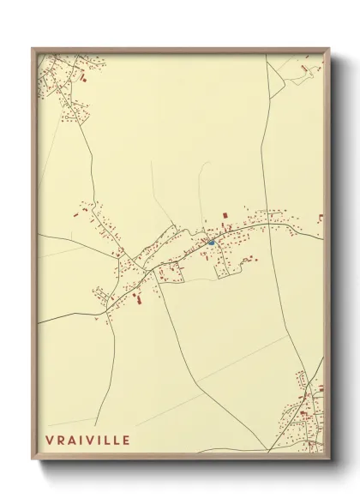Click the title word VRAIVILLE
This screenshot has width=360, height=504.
tap(88, 441)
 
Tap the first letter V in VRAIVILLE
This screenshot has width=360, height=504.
tap(50, 441)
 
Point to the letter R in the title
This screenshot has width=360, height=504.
tap(61, 441)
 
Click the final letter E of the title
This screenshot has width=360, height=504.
tap(127, 441)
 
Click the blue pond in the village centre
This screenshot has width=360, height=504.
tap(211, 243)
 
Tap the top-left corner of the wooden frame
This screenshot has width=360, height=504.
tap(33, 49)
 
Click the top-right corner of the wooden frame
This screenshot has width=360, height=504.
tap(329, 49)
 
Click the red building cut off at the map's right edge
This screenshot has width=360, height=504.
tap(321, 218)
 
